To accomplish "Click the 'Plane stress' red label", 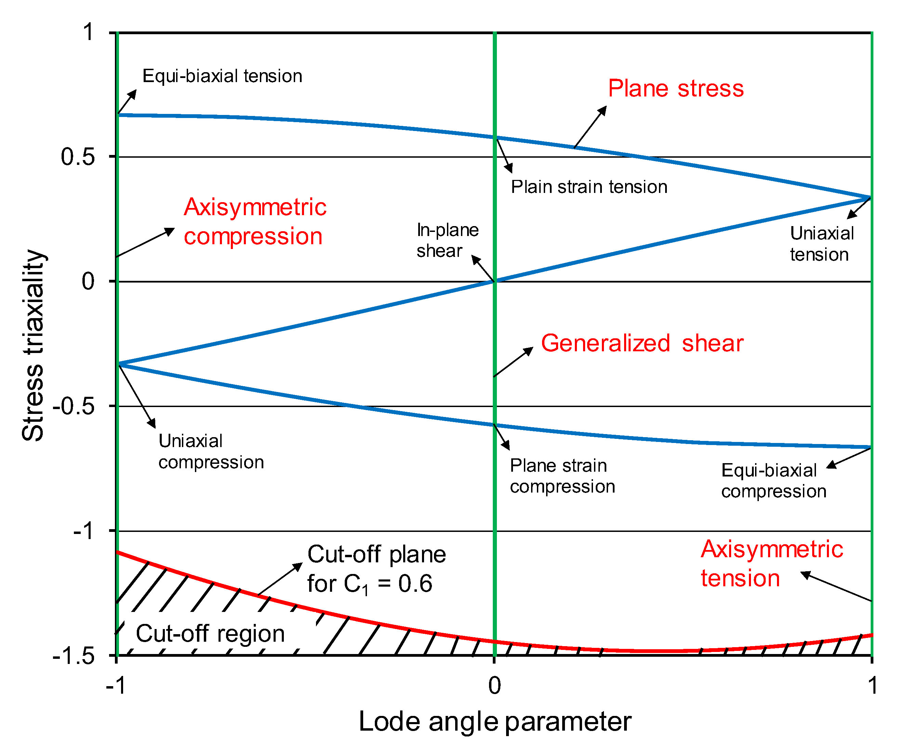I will [676, 89].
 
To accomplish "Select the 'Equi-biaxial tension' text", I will [222, 76].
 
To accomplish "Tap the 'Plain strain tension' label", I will [589, 187].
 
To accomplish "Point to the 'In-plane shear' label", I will [447, 240].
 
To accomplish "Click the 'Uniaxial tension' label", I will [821, 244].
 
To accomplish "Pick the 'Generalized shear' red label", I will [642, 343].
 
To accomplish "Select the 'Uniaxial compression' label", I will [211, 452].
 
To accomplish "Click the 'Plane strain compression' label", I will [562, 476].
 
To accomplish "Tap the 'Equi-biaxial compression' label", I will [774, 481].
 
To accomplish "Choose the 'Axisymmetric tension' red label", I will [771, 564].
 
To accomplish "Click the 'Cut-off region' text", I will [210, 633].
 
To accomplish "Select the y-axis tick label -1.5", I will [74, 656].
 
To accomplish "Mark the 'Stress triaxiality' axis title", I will [33, 345].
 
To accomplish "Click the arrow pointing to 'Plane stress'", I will [590, 127].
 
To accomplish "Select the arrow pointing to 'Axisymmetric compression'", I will [145, 243].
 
